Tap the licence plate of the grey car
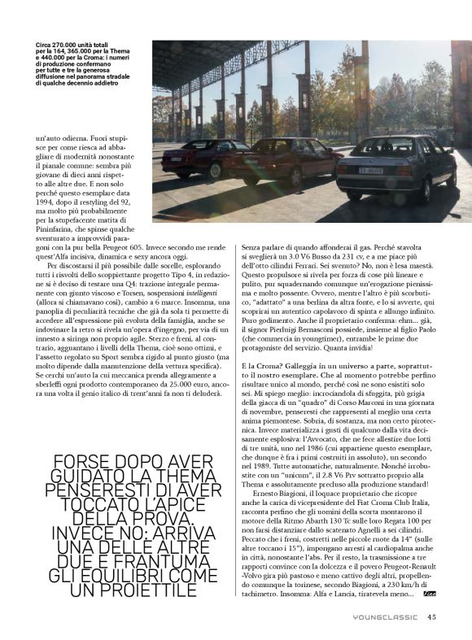point(373,170)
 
